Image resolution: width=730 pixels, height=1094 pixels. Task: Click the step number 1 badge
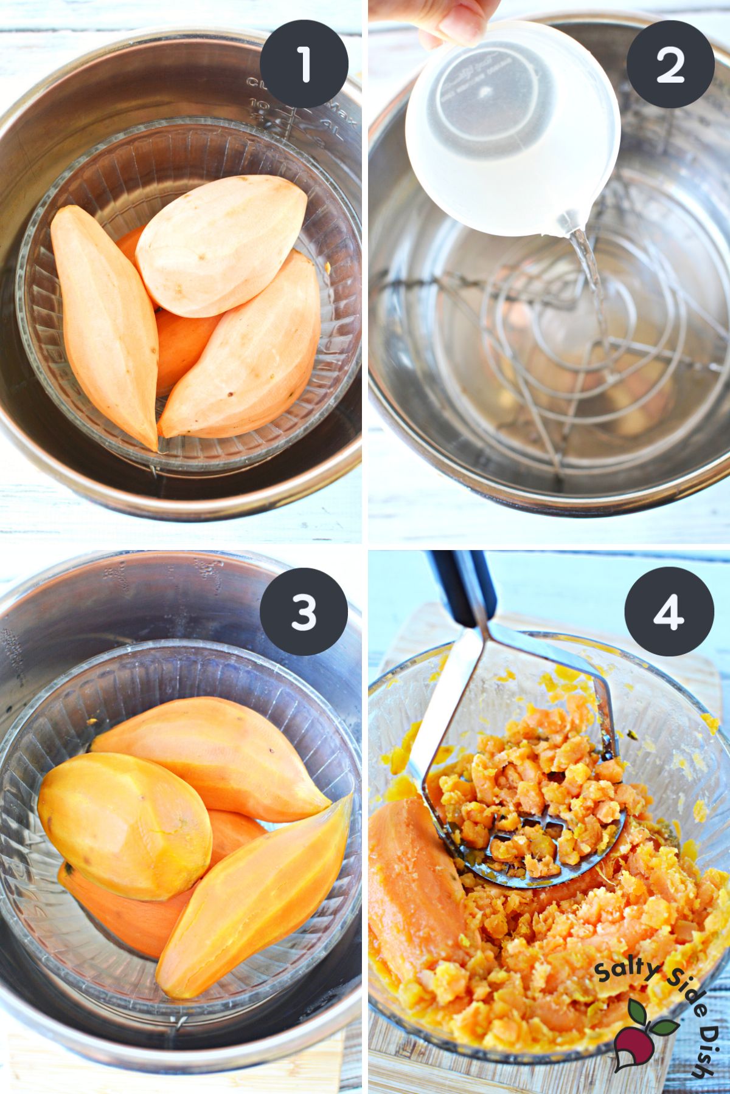click(304, 64)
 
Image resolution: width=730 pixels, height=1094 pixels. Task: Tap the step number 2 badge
click(670, 64)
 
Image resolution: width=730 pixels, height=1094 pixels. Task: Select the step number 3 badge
click(304, 611)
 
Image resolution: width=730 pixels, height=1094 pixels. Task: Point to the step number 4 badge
click(670, 611)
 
